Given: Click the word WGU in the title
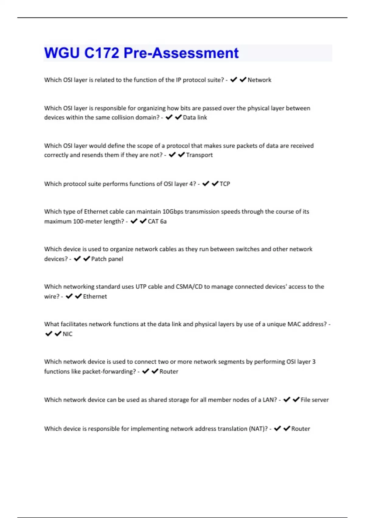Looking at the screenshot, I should point(62,53).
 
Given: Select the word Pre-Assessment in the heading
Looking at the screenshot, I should point(181,53).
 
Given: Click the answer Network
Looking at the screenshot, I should point(259,80).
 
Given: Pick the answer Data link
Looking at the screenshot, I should point(195,117).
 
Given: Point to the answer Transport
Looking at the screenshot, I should point(199,155).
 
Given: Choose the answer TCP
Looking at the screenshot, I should point(225,184).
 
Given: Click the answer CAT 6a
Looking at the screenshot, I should point(157,221).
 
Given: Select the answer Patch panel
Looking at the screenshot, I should point(107,259).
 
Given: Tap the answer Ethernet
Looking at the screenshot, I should point(95,296).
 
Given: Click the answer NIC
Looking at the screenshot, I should point(68,334).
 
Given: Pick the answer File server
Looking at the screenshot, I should point(315,400).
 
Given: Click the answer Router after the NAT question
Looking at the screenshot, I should point(301,429).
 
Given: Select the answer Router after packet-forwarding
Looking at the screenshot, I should point(169,371).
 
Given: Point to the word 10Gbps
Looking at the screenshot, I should point(173,211).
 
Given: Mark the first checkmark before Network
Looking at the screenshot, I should point(234,80).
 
